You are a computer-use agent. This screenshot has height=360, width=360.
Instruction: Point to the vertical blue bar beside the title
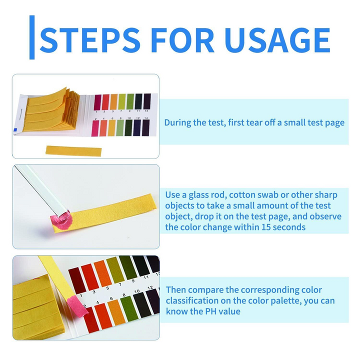point(32,37)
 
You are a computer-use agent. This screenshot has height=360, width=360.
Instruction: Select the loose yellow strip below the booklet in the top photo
point(73,150)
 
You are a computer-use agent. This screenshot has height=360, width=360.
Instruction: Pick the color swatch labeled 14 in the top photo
point(145,128)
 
